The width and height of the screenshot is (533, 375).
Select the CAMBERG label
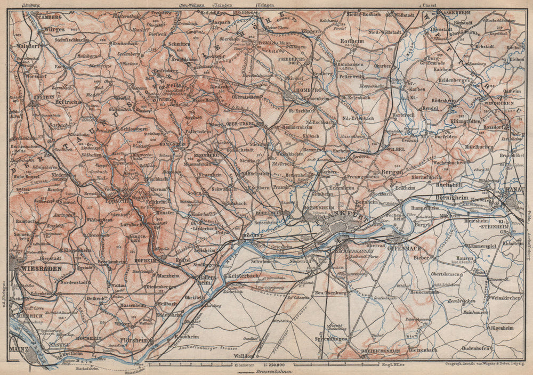[50, 17]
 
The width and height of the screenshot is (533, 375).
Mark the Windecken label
[499, 102]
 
